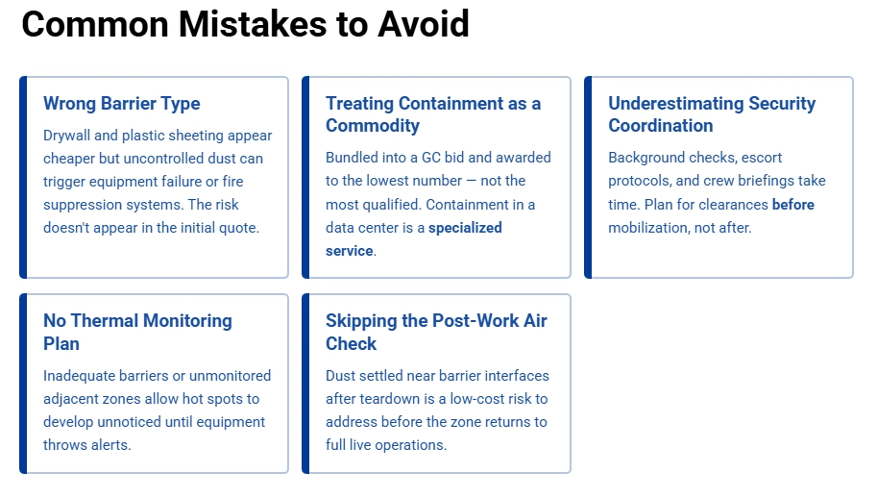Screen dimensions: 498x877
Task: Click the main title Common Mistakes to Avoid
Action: coord(245,24)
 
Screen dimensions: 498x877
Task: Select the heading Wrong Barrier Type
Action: coord(122,104)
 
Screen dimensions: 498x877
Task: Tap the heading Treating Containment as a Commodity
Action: coord(433,114)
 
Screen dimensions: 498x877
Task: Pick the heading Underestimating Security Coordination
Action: coord(712,114)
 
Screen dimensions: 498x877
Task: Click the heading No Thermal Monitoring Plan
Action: coord(137,332)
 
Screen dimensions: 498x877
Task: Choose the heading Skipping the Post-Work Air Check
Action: coord(436,332)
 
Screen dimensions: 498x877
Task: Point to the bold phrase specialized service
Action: coord(414,239)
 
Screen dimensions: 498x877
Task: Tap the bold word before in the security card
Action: coord(793,205)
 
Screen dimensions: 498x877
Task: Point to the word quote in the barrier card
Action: coord(241,228)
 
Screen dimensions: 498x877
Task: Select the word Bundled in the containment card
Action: coord(353,158)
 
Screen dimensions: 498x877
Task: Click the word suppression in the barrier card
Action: coord(84,205)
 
